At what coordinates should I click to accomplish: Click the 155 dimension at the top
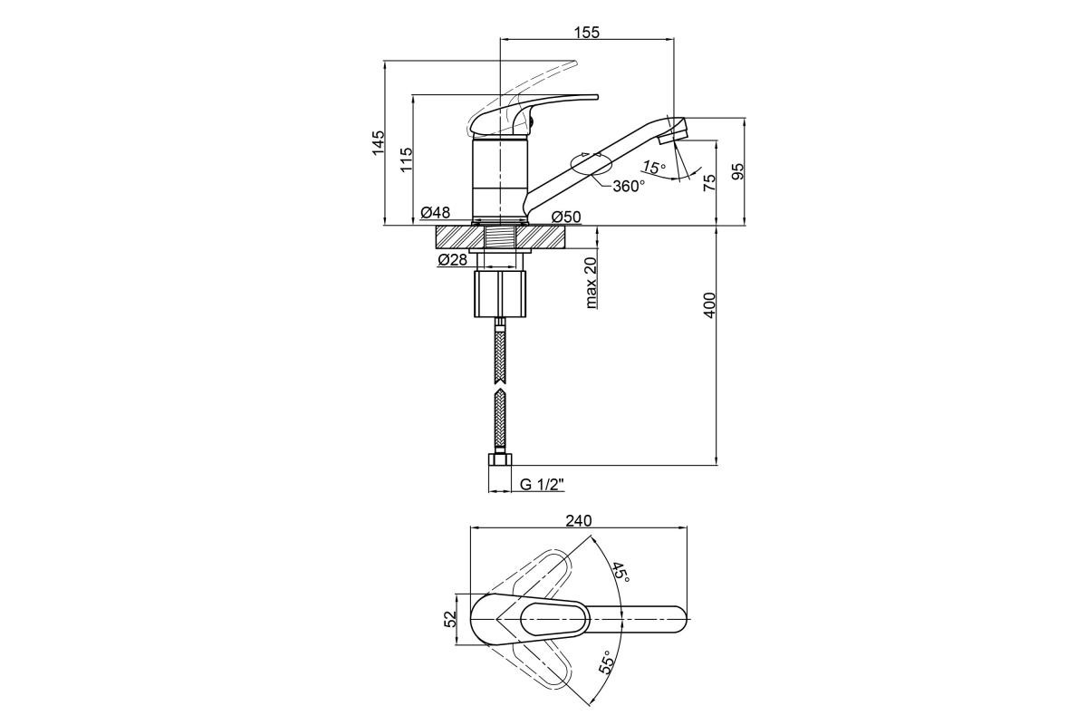tap(587, 32)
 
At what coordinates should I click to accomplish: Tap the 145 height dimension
tap(378, 142)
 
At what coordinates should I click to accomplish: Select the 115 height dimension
tap(407, 159)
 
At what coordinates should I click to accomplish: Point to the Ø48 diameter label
tap(436, 212)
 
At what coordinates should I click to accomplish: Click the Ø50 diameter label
tap(566, 217)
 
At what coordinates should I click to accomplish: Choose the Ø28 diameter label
tap(452, 260)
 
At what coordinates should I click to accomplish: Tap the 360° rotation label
tap(629, 186)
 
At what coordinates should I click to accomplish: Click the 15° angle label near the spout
tap(654, 168)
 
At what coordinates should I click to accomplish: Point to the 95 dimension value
tap(737, 171)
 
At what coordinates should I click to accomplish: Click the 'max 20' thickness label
tap(591, 283)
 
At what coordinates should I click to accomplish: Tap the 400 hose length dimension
tap(709, 305)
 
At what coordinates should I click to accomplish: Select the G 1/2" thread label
tap(542, 485)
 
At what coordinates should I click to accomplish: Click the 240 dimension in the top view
tap(579, 520)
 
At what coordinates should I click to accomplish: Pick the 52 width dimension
tap(451, 619)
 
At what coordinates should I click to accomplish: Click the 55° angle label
tap(607, 662)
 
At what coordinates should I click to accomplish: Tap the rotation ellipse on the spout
tap(591, 163)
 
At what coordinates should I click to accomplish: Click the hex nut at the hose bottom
tap(500, 459)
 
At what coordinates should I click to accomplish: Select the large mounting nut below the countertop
tap(500, 295)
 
